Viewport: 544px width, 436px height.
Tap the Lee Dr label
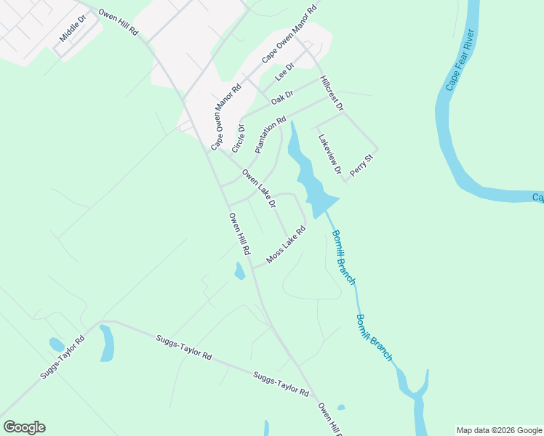(x=284, y=71)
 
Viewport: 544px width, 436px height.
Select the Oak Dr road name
(x=281, y=97)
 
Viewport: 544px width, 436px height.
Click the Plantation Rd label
(x=271, y=134)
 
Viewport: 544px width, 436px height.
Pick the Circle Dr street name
(x=239, y=137)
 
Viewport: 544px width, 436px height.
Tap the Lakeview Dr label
(x=329, y=153)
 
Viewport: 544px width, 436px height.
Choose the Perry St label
(x=361, y=164)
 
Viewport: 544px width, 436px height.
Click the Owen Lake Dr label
(x=259, y=189)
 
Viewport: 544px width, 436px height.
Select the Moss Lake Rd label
(x=285, y=245)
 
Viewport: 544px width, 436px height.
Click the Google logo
(x=24, y=427)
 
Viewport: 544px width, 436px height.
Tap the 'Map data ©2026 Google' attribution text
(x=499, y=430)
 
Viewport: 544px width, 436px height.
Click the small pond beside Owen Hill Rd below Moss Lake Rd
(x=239, y=272)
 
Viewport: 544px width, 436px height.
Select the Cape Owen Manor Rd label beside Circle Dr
(x=225, y=118)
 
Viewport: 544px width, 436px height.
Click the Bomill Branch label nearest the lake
(x=343, y=257)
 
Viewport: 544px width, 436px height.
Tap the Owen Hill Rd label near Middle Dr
(x=118, y=24)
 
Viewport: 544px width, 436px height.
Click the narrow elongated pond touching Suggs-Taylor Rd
(x=107, y=343)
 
